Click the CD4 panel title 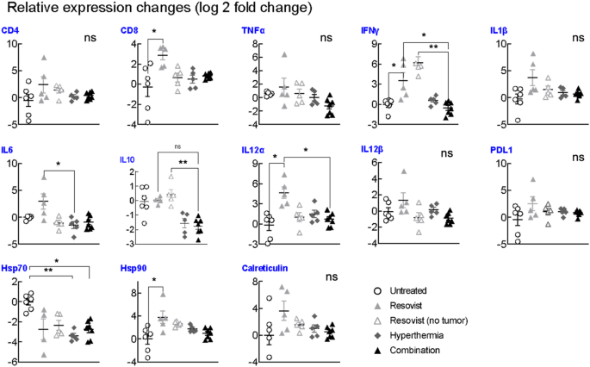point(11,30)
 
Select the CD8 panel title point(130,30)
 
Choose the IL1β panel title point(499,30)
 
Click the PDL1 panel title point(500,150)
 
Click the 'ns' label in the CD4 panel point(89,39)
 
